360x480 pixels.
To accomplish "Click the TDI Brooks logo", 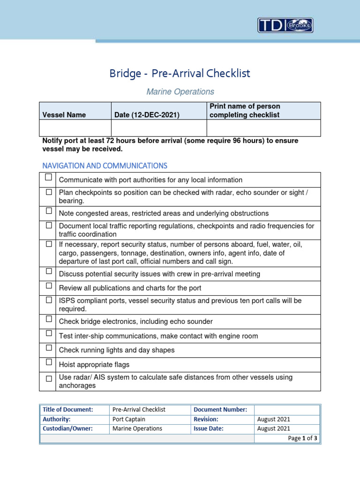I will [285, 25].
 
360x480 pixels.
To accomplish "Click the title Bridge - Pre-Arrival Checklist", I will [180, 74].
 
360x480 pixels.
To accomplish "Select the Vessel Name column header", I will [64, 115].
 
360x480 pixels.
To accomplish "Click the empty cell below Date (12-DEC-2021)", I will [158, 127].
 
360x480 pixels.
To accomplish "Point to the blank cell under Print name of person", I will [263, 127].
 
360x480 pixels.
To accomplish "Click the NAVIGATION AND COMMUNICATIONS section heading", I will [105, 166].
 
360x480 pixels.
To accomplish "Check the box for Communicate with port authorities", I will [49, 178].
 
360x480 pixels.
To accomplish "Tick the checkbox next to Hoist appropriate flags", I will [49, 362].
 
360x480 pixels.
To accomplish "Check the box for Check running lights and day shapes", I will [49, 348].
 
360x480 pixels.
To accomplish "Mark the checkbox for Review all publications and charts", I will [49, 285].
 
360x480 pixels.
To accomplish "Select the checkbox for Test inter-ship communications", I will [49, 333].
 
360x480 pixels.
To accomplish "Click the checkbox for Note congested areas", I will [49, 211].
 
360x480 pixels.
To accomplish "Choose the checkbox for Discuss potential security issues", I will [49, 271].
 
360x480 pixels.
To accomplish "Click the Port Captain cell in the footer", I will [129, 420].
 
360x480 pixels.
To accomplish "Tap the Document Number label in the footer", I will [220, 410].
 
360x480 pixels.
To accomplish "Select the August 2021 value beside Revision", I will [274, 420].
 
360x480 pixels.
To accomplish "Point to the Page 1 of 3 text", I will [303, 439].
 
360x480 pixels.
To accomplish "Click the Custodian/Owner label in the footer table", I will [67, 428].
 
